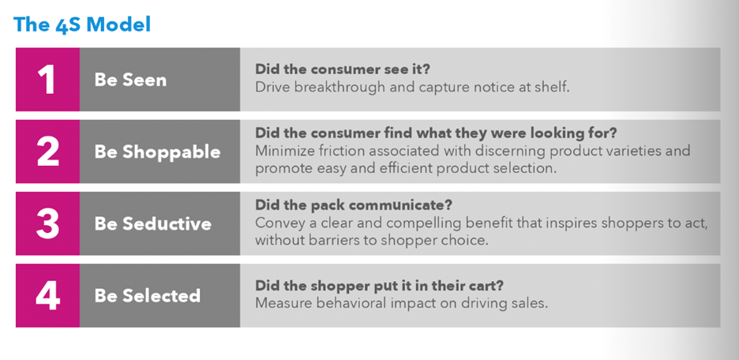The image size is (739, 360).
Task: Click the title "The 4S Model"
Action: click(82, 24)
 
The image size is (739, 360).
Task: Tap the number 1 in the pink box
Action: click(47, 79)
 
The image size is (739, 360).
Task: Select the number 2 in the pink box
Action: click(47, 152)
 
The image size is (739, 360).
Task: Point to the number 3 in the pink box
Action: click(47, 223)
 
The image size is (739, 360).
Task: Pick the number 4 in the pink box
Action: click(47, 295)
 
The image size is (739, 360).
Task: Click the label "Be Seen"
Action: click(130, 80)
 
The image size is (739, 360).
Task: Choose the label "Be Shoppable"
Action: click(157, 152)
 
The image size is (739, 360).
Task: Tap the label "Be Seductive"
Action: click(152, 224)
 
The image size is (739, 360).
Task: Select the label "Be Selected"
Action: click(148, 296)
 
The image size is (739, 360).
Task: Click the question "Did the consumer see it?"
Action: click(343, 69)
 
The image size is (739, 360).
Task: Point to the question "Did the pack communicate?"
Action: click(354, 205)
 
